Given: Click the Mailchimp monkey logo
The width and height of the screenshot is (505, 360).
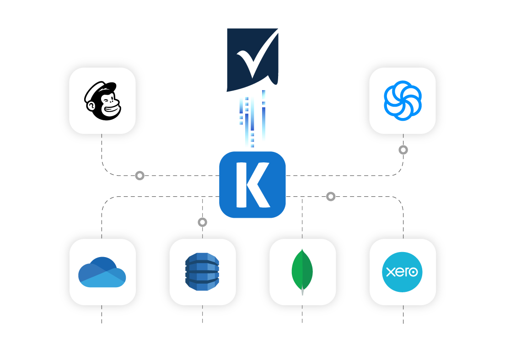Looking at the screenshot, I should pyautogui.click(x=103, y=100).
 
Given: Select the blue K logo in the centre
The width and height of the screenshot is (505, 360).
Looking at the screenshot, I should pyautogui.click(x=252, y=184).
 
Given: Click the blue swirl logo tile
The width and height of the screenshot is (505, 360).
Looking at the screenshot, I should pyautogui.click(x=403, y=100).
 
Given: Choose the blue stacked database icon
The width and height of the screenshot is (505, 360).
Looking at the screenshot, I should pyautogui.click(x=202, y=272).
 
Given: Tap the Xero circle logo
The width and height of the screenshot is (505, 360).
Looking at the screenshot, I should pyautogui.click(x=403, y=272).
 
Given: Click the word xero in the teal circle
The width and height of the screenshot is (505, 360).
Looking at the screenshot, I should pyautogui.click(x=402, y=272).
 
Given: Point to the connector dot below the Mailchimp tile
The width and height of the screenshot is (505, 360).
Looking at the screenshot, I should pyautogui.click(x=140, y=175).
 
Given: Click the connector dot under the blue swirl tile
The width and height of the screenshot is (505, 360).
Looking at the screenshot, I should pyautogui.click(x=403, y=150).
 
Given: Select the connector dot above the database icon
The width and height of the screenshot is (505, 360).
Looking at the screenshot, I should pyautogui.click(x=202, y=222).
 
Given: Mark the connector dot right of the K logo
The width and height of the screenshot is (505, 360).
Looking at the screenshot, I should pyautogui.click(x=331, y=196).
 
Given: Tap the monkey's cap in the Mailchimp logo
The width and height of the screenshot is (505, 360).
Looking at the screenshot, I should pyautogui.click(x=102, y=87).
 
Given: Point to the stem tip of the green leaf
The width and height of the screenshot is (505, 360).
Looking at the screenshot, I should pyautogui.click(x=302, y=293).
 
